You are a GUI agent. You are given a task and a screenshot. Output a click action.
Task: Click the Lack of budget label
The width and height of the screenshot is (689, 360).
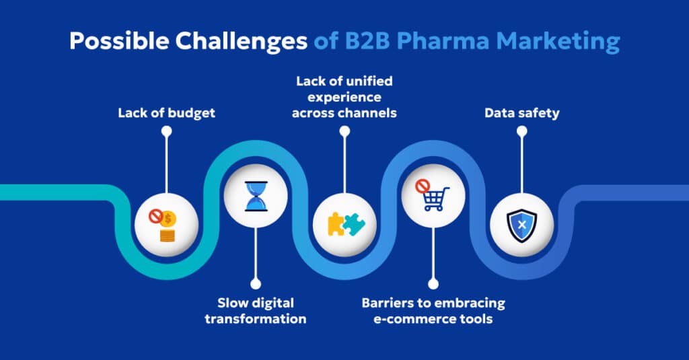click(167, 113)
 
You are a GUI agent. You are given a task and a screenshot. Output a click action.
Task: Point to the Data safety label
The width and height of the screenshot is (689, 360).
click(521, 113)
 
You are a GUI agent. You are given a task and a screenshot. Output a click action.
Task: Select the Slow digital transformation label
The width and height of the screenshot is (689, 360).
click(255, 310)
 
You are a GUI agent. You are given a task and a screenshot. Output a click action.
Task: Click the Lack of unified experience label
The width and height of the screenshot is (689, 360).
click(344, 97)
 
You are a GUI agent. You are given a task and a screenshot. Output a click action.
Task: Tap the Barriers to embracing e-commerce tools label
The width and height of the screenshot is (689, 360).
click(433, 310)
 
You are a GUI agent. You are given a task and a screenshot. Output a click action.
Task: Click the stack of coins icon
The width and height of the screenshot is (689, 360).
click(167, 235)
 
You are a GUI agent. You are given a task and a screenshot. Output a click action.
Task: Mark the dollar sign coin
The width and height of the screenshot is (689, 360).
click(171, 218)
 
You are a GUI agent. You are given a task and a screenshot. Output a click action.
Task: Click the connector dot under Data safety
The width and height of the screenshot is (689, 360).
click(521, 133)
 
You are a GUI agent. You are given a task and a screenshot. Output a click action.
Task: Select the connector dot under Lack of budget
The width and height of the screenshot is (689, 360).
click(167, 133)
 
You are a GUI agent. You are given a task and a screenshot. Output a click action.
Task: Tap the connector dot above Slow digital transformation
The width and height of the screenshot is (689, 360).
click(255, 285)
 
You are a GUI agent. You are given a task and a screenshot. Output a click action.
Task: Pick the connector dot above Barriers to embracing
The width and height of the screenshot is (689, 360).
click(433, 285)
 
